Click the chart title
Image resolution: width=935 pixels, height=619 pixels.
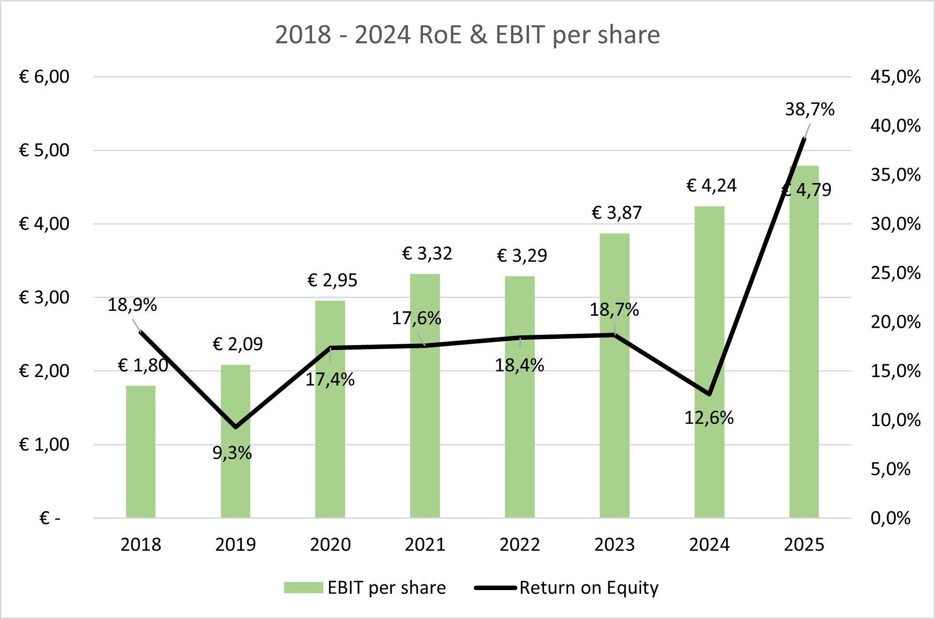pos(467,35)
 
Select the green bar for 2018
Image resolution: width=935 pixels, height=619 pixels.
pos(141,452)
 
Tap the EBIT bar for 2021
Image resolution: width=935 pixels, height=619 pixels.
pos(425,396)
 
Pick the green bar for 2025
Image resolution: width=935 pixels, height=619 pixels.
pos(804,342)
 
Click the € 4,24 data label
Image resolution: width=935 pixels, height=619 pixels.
pos(711,186)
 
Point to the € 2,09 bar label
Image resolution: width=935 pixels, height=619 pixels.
pos(238,344)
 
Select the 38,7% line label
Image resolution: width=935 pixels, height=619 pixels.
pos(809,109)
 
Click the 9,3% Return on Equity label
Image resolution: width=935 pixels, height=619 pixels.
pos(232,453)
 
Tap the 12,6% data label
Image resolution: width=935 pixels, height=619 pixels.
pos(709,418)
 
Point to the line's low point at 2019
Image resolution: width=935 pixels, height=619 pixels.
pos(236,427)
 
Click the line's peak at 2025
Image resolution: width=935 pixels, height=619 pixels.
pos(804,139)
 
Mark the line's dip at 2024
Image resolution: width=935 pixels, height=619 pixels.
pos(709,394)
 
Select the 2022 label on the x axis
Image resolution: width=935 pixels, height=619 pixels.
pos(520,545)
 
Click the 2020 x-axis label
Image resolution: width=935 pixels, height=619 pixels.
pos(330,545)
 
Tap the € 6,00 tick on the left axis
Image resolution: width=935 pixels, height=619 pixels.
pos(44,77)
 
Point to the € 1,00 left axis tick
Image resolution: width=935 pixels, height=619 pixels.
pos(44,444)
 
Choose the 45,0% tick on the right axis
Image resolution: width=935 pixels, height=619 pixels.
pos(895,77)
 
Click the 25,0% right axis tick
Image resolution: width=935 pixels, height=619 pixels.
pos(895,273)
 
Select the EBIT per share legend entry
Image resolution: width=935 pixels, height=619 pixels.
pos(365,588)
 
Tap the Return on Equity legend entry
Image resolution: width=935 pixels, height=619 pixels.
pos(566,588)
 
